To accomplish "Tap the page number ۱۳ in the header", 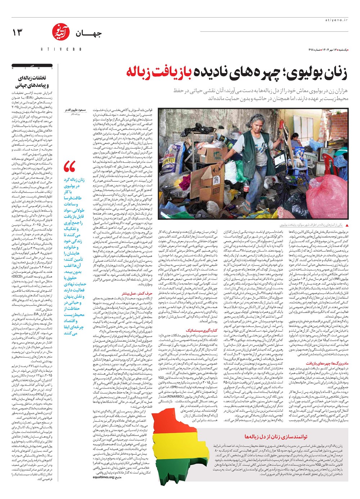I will (17, 33).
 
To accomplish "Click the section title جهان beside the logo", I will (89, 34).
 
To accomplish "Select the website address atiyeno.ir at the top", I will (336, 21).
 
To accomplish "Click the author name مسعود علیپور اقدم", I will (76, 109).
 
